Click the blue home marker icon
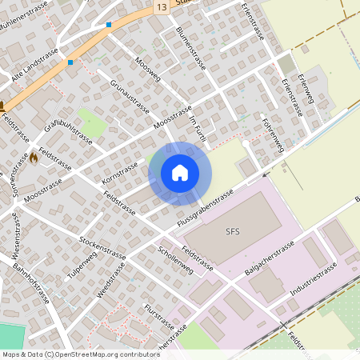180,173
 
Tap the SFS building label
233,233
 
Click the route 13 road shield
162,6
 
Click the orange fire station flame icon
33,158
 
